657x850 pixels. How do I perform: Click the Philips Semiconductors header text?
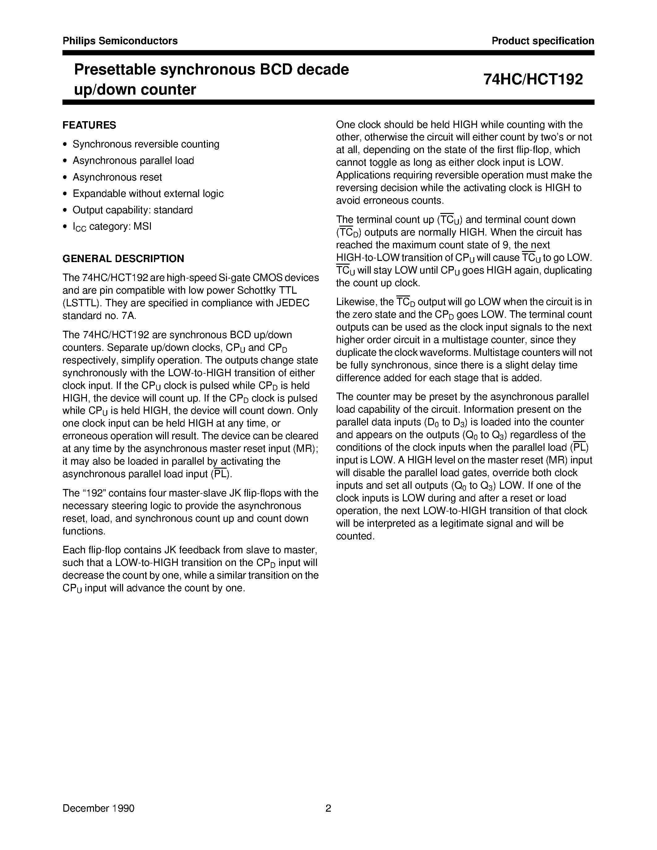click(x=120, y=41)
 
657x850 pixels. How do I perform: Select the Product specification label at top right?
click(x=543, y=41)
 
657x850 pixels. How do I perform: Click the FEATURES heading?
click(x=89, y=125)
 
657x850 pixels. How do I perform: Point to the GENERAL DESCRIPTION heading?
click(x=123, y=258)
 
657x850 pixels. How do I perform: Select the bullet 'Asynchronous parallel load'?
click(x=133, y=160)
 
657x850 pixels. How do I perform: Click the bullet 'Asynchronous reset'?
click(x=117, y=177)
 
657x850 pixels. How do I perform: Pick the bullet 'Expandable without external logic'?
click(x=148, y=193)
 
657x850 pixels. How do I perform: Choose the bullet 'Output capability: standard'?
click(x=132, y=210)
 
